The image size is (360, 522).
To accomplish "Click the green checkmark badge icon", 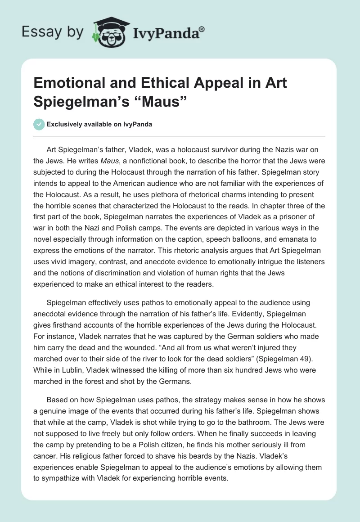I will (39, 124).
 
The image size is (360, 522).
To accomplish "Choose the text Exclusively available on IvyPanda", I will (100, 125).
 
